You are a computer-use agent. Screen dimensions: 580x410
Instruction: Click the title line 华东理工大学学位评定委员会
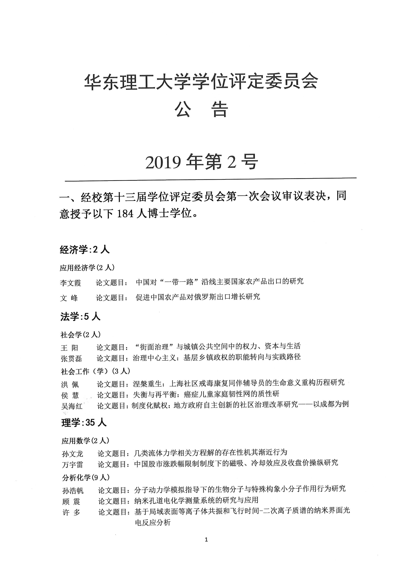[x=201, y=82]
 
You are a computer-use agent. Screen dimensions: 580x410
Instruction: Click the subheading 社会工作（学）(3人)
[x=96, y=371]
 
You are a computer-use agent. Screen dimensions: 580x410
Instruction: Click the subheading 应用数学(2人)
[x=85, y=441]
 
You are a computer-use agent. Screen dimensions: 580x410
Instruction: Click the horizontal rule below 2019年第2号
[x=210, y=180]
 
